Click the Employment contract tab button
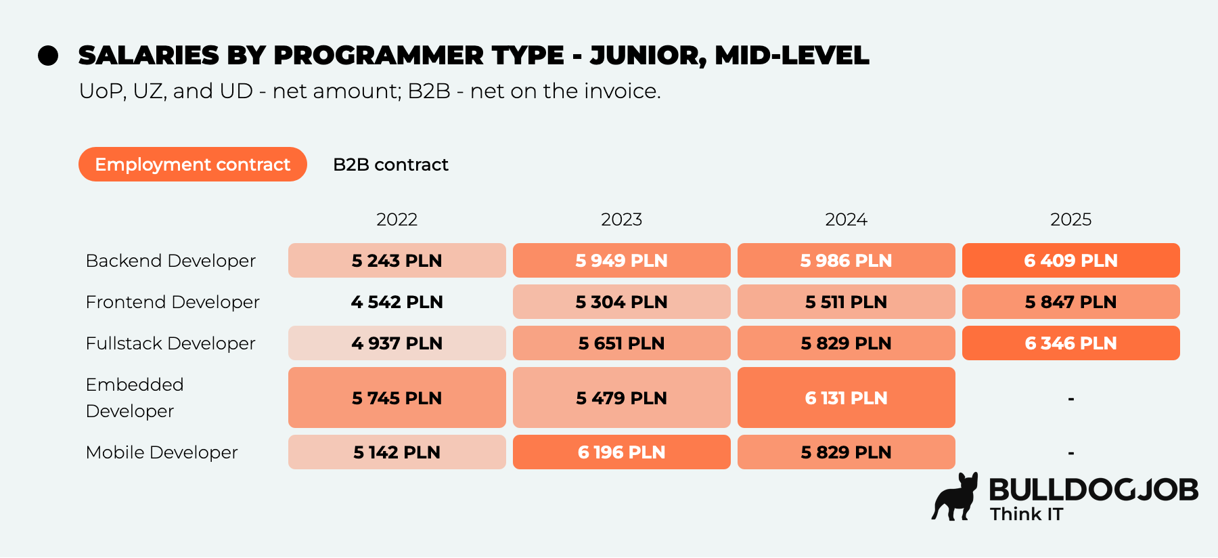(193, 165)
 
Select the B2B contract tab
(390, 165)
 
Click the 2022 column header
(397, 219)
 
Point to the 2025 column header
(1070, 219)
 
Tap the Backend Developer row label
(171, 261)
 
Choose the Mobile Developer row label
(162, 452)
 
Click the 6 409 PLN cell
(1071, 261)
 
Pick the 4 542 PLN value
(397, 302)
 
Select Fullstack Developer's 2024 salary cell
(847, 343)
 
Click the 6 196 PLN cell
(622, 452)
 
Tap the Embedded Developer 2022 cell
(397, 398)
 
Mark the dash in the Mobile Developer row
(1071, 453)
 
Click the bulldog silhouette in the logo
(955, 497)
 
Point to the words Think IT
(1027, 514)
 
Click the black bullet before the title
(48, 56)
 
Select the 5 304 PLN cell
(622, 302)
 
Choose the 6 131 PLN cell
(847, 398)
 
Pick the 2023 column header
(621, 219)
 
